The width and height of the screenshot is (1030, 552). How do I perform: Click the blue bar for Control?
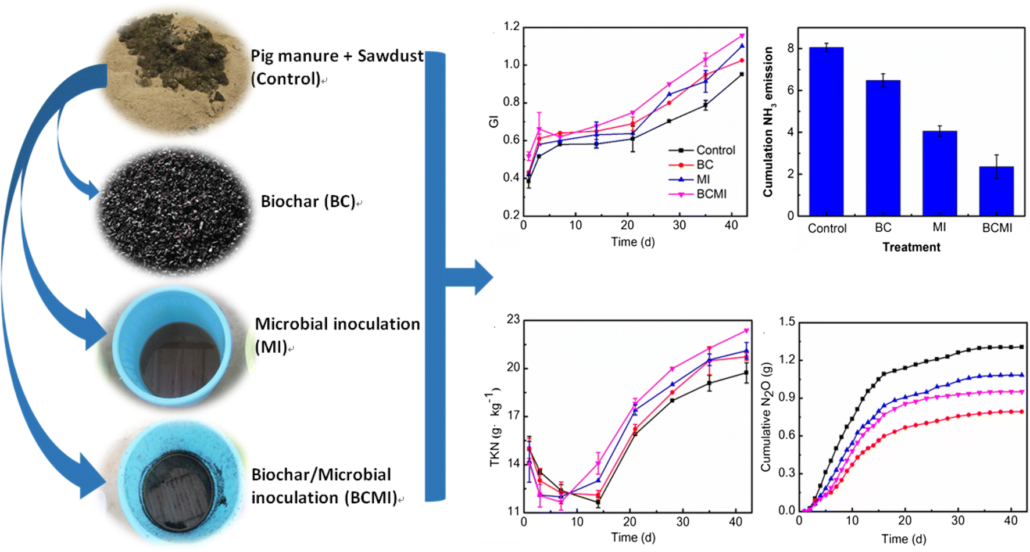click(x=826, y=132)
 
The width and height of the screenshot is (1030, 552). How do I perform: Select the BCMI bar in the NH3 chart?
click(x=996, y=192)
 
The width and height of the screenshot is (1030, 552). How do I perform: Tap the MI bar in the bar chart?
click(x=939, y=174)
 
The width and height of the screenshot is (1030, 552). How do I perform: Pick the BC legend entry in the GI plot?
click(x=704, y=165)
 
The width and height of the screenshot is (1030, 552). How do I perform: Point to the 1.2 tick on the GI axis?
click(x=512, y=27)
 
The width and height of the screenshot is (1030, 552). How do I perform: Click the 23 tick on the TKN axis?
click(x=513, y=319)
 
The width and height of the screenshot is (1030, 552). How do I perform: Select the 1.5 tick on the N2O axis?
click(x=787, y=322)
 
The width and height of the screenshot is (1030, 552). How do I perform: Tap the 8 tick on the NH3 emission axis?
click(x=791, y=49)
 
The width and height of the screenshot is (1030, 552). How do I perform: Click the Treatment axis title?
click(x=911, y=247)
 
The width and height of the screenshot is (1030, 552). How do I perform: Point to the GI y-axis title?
click(x=493, y=121)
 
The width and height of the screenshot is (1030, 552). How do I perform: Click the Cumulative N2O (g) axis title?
click(x=766, y=417)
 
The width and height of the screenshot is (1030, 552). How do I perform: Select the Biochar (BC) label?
click(x=307, y=202)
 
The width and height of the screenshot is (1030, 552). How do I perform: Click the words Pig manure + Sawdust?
click(x=337, y=56)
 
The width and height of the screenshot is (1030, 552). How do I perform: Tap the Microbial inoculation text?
click(x=337, y=324)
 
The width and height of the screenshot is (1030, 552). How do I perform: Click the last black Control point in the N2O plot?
click(x=1021, y=347)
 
